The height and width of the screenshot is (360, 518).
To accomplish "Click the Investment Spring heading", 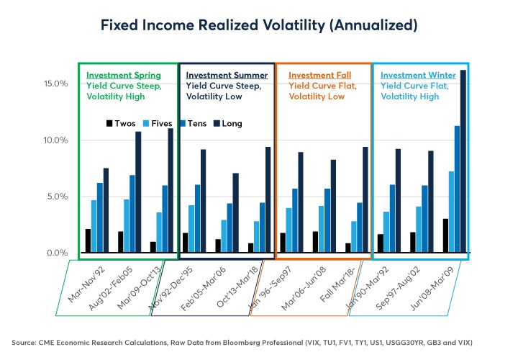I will tap(123, 75).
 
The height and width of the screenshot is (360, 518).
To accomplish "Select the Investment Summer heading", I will tap(227, 75).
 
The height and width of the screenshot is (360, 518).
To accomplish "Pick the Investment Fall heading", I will tap(321, 75).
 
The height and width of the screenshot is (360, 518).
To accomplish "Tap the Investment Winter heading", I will tap(417, 75).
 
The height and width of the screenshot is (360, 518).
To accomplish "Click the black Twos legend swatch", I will tap(109, 123).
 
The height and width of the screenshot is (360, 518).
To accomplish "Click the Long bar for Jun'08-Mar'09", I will tap(463, 161).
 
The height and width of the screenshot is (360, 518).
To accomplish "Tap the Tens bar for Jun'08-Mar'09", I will tap(456, 189).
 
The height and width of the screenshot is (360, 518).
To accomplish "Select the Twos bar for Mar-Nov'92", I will tap(88, 241).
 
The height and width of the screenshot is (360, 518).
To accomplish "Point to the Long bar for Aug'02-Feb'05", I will tap(138, 192).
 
